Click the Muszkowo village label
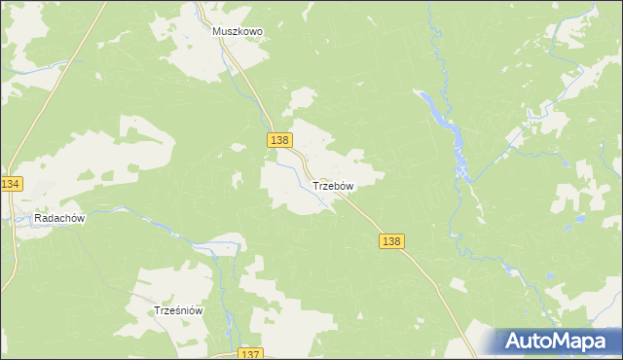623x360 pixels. point(238,31)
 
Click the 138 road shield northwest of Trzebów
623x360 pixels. point(279,141)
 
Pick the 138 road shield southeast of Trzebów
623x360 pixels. point(391,241)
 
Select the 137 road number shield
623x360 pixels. point(249,354)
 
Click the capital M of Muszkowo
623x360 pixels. point(218,31)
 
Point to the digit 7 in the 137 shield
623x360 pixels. point(256,354)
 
